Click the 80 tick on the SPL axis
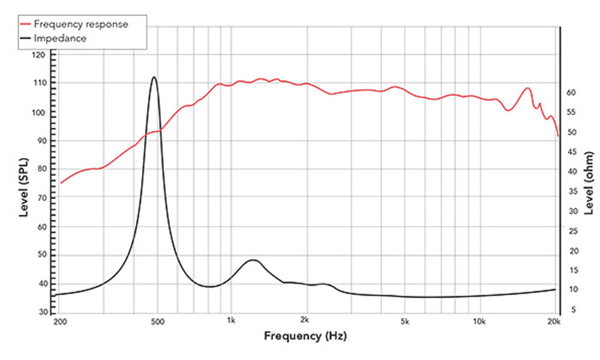click(x=40, y=170)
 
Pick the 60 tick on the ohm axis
click(x=572, y=92)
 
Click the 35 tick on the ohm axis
click(x=572, y=192)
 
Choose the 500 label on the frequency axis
click(x=157, y=322)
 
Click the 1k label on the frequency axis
click(x=231, y=322)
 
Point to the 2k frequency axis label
click(x=305, y=322)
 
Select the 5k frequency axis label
click(x=404, y=322)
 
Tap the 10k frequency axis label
click(x=478, y=322)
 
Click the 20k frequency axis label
click(x=553, y=322)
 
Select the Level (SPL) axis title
click(x=24, y=183)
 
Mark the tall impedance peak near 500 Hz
click(x=154, y=77)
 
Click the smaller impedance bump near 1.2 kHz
click(x=253, y=260)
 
